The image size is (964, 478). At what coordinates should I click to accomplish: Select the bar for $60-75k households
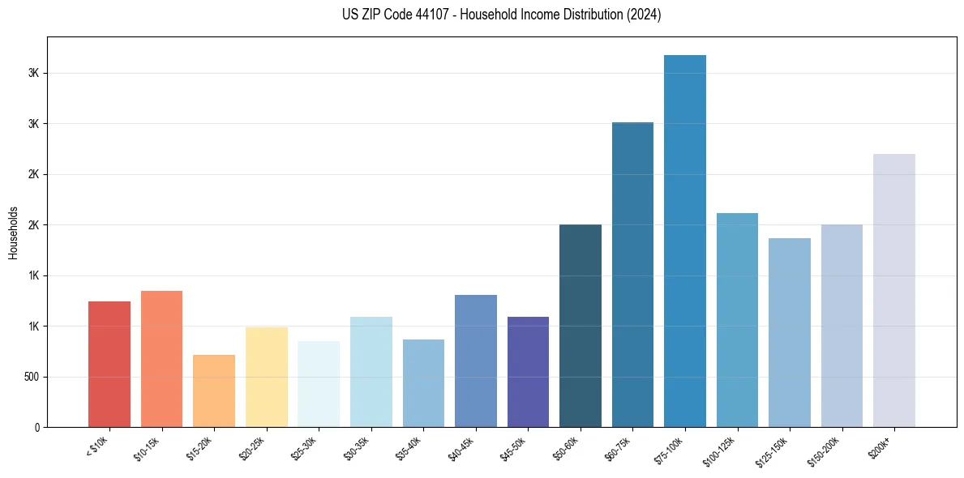[x=632, y=275]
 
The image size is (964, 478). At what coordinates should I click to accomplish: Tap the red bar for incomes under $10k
[x=109, y=364]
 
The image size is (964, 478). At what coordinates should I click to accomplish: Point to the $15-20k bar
[x=214, y=391]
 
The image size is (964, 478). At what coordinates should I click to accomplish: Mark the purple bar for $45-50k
[x=528, y=372]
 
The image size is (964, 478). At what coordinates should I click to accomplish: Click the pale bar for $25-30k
[x=319, y=384]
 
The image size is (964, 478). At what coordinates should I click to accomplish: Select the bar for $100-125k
[x=737, y=320]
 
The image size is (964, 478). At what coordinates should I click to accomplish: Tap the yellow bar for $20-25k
[x=266, y=377]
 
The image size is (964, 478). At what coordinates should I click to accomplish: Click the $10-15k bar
[x=161, y=359]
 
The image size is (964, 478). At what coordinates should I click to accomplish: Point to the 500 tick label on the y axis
[x=31, y=377]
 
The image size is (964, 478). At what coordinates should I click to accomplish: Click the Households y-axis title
[x=13, y=232]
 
